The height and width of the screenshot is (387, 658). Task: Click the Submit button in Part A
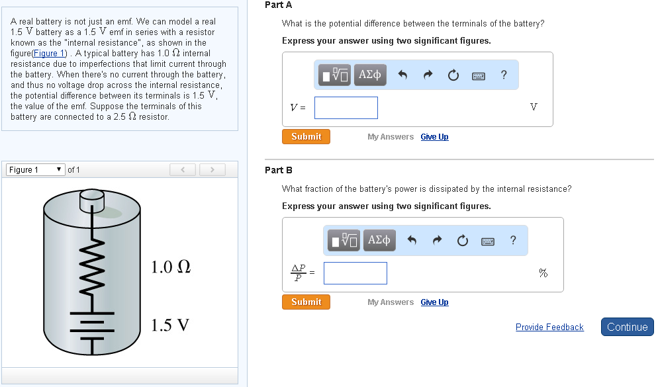coord(306,137)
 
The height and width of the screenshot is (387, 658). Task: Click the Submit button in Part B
coord(306,302)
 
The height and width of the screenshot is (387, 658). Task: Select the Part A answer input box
coord(346,108)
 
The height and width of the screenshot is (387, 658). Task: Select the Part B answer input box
coord(355,273)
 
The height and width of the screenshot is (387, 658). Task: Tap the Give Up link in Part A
coord(434,137)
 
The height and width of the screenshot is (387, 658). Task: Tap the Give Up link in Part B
coord(434,302)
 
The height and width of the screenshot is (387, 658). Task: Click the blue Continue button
coord(627,327)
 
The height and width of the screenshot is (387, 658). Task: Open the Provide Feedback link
coord(549,327)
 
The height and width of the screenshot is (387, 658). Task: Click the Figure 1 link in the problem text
coord(50,53)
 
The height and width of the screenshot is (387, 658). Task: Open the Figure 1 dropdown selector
coord(36,170)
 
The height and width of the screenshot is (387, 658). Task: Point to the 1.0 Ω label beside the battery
coord(171,267)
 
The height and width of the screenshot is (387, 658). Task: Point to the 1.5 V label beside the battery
coord(170,325)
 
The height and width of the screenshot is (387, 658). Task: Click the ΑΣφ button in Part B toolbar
coord(379,240)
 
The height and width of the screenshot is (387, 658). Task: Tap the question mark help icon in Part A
coord(504,75)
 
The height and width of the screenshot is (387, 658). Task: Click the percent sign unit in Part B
coord(543,273)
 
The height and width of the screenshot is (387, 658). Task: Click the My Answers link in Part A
coord(391,137)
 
